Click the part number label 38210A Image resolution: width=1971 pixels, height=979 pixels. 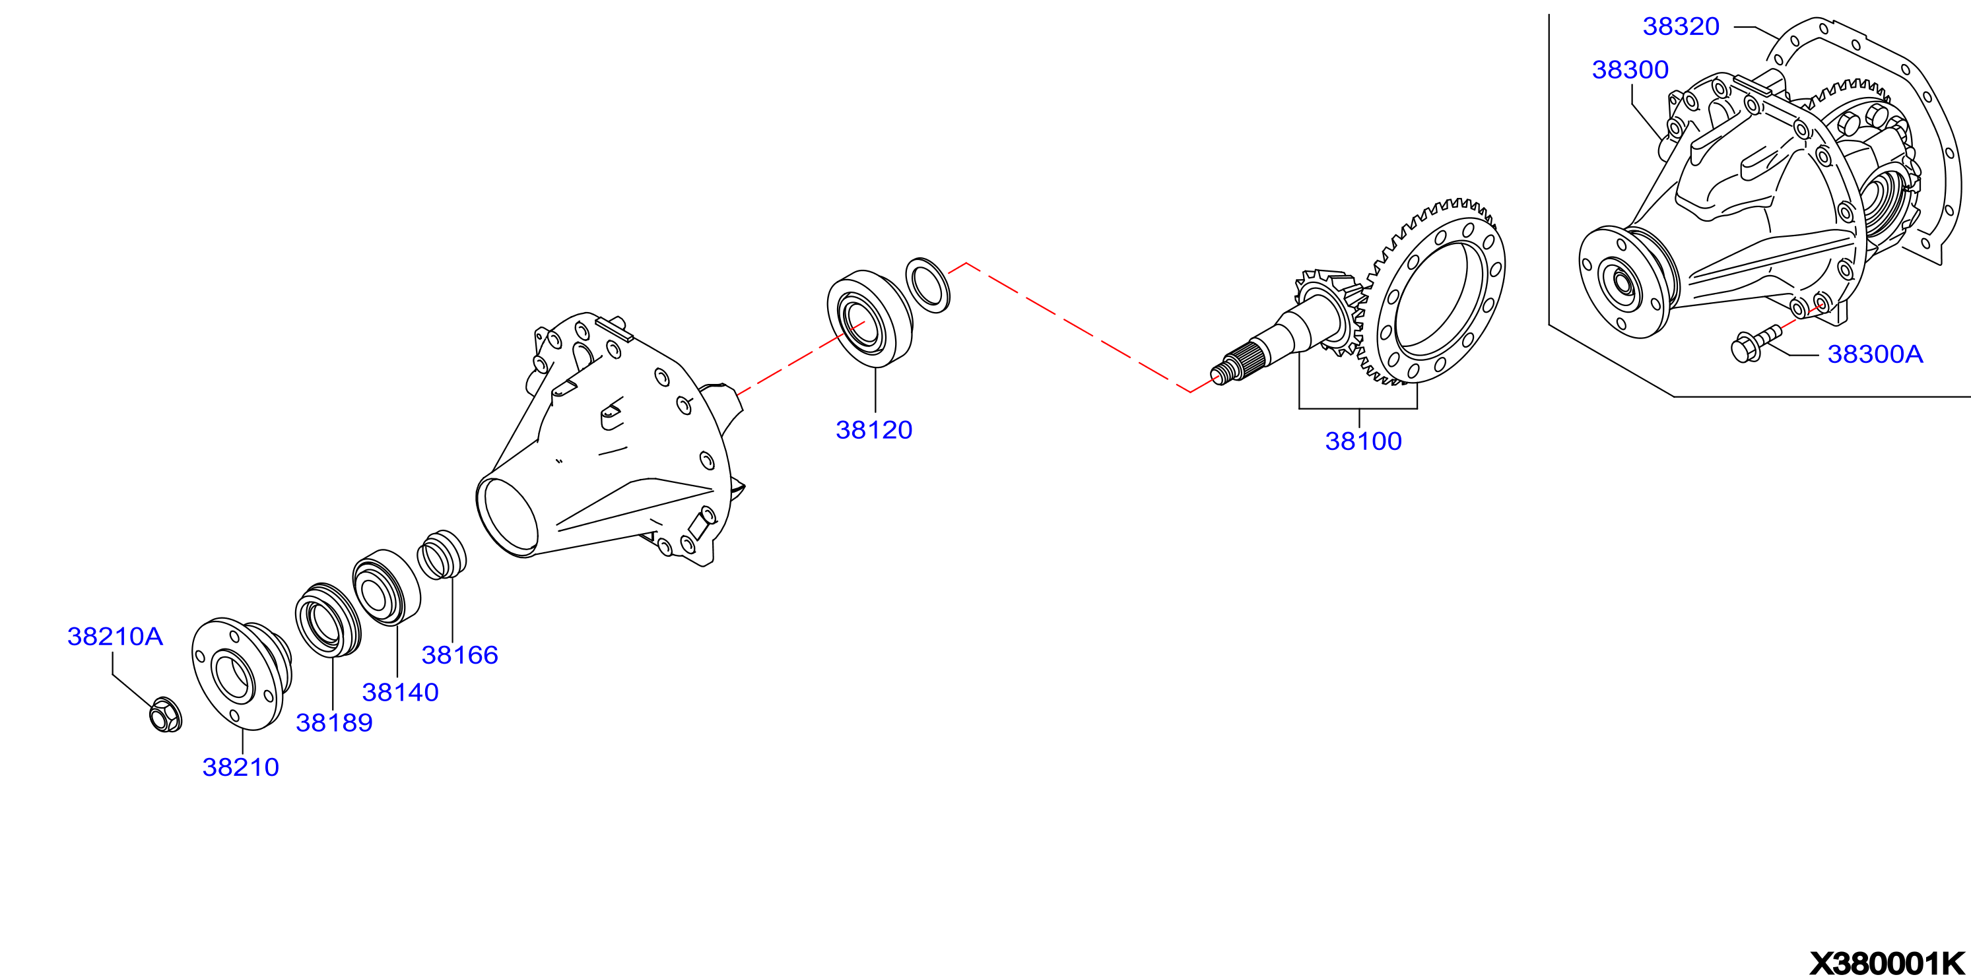coord(115,637)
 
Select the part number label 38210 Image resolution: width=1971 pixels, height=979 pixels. coord(240,767)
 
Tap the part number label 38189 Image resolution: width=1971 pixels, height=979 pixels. coord(335,723)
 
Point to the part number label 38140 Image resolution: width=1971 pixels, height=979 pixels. coord(400,692)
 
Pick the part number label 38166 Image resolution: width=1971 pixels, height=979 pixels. coord(460,654)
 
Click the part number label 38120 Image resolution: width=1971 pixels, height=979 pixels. coord(874,430)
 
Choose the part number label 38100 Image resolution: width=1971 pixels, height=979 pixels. coord(1364,441)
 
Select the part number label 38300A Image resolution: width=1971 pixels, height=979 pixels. coord(1875,354)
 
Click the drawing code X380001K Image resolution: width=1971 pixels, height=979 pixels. coord(1887,964)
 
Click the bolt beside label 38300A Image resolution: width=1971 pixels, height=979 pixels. coord(1756,344)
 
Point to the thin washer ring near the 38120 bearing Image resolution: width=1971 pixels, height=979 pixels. coord(927,285)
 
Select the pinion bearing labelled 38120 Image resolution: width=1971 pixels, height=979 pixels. coord(870,319)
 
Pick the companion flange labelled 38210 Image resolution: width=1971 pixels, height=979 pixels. coord(241,674)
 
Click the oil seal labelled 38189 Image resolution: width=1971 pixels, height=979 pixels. coord(328,619)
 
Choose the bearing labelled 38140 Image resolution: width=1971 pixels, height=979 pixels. coord(386,587)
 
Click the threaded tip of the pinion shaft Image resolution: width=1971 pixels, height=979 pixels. coord(1224,373)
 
